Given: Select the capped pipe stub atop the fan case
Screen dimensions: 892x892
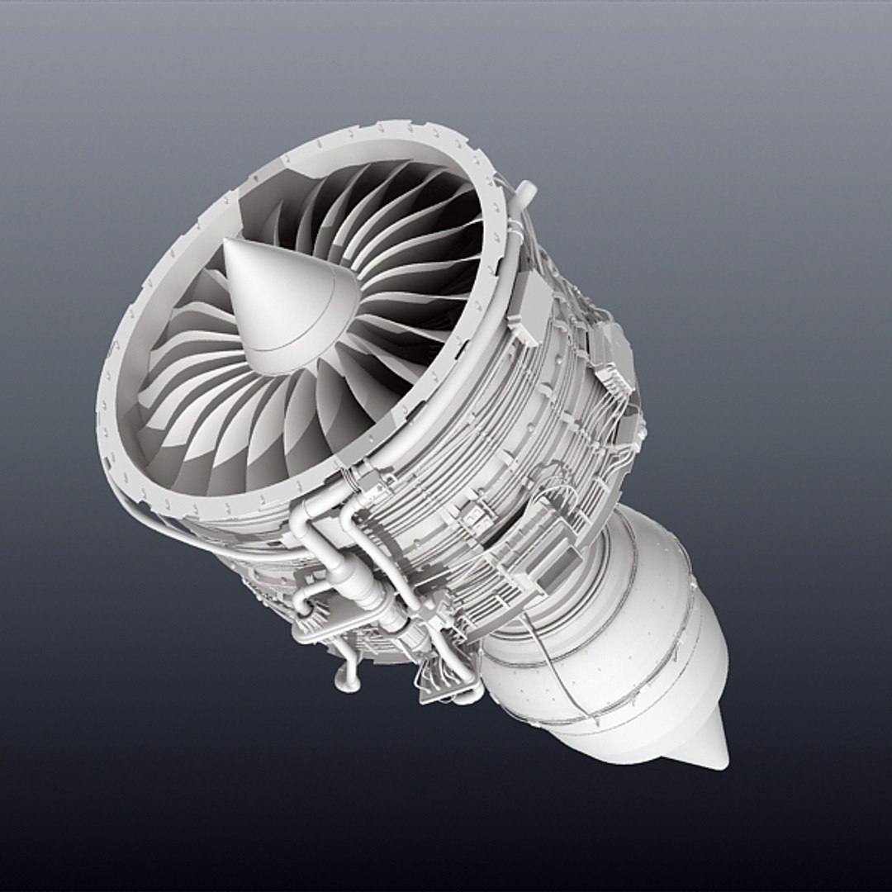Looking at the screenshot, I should tap(525, 192).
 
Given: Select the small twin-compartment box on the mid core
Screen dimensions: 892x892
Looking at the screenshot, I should tap(477, 516).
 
